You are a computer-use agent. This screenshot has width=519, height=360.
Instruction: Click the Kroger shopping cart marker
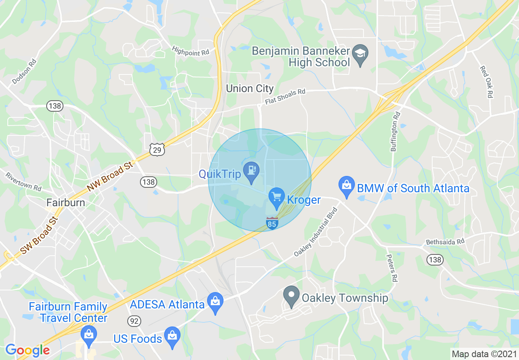tap(277, 197)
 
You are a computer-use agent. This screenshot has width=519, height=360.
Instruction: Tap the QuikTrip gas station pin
tap(250, 171)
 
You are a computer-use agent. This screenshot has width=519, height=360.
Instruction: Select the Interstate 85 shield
tap(272, 223)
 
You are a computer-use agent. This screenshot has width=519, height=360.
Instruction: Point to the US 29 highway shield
tap(157, 149)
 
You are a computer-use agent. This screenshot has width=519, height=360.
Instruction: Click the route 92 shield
tap(134, 321)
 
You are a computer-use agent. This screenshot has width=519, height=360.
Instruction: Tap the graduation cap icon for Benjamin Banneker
tap(360, 54)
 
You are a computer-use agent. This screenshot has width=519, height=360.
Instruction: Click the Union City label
tap(250, 88)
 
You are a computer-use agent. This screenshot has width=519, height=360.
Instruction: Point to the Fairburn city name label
tap(65, 202)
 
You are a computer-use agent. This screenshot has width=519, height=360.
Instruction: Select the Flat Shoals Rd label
tap(285, 97)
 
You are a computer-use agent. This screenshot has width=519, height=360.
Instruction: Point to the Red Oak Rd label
tap(486, 82)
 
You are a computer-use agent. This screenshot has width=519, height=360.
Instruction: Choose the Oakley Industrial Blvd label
tap(315, 232)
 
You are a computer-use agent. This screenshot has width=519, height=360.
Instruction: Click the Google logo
tap(27, 350)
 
